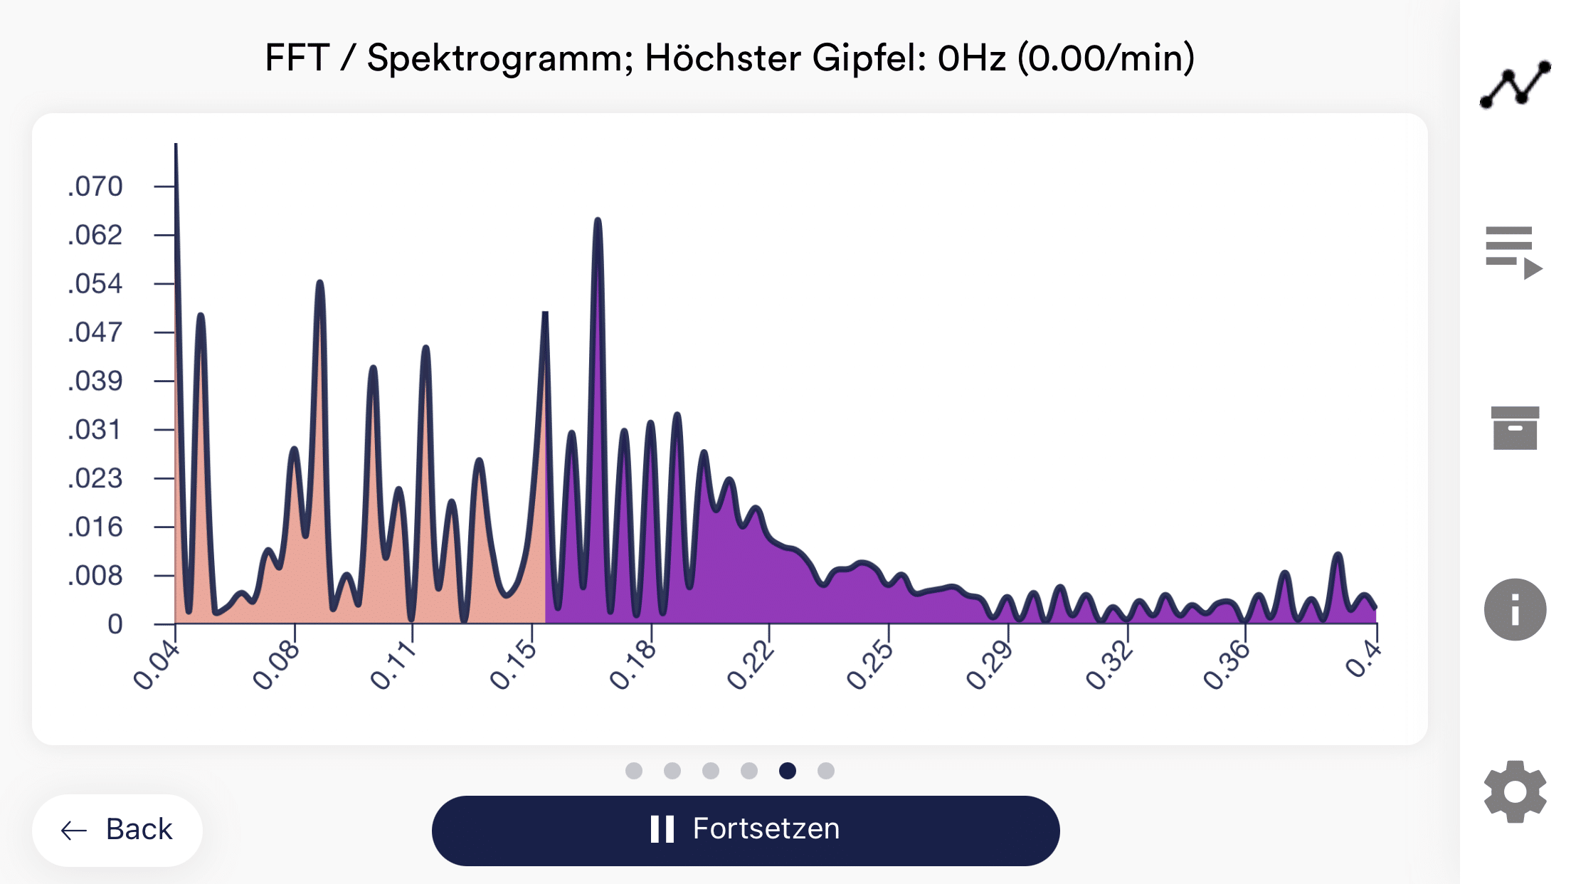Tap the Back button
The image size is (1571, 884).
point(117,830)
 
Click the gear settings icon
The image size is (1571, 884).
point(1515,791)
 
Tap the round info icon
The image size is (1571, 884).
point(1515,610)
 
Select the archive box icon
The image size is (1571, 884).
point(1515,428)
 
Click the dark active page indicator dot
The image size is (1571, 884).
point(787,771)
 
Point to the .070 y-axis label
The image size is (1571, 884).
point(95,186)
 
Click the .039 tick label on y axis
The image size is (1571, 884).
point(95,381)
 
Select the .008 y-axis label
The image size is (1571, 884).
point(95,575)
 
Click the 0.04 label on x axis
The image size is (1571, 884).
point(156,665)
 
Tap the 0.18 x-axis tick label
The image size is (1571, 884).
point(632,665)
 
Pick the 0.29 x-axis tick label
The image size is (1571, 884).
point(989,665)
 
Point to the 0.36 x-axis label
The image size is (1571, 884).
point(1226,665)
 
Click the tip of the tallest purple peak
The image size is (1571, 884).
point(598,221)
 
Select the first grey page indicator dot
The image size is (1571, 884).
point(634,771)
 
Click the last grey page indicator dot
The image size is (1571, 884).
point(825,771)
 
